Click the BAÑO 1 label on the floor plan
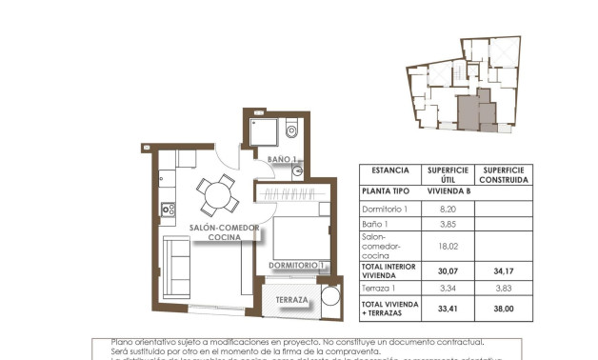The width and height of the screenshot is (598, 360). click(283, 159)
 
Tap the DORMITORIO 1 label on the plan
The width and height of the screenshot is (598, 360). click(297, 265)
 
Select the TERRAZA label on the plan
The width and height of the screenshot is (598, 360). click(291, 301)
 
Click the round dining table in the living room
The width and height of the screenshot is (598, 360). click(218, 195)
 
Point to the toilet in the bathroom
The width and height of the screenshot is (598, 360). click(291, 130)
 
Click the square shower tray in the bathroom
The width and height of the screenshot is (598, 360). click(264, 132)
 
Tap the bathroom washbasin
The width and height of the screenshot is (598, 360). click(298, 171)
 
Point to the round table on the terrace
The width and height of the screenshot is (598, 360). click(329, 295)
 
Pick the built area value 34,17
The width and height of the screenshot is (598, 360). click(505, 270)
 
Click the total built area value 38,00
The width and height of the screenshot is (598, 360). click(505, 308)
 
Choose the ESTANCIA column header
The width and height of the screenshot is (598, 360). click(390, 170)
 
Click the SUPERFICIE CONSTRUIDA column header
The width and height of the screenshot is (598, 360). click(505, 174)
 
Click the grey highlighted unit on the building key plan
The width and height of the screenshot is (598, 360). click(468, 110)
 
